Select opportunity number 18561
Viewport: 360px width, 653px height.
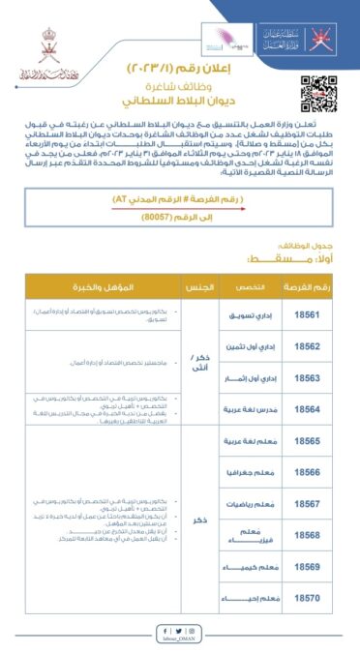(x=305, y=314)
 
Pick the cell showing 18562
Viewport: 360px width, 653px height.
(x=305, y=346)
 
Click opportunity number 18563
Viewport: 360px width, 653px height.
(x=305, y=378)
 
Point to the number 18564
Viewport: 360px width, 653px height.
(x=305, y=409)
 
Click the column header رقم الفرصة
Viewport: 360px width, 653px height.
(x=305, y=288)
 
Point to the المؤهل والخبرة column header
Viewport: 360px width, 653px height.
(x=92, y=288)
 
